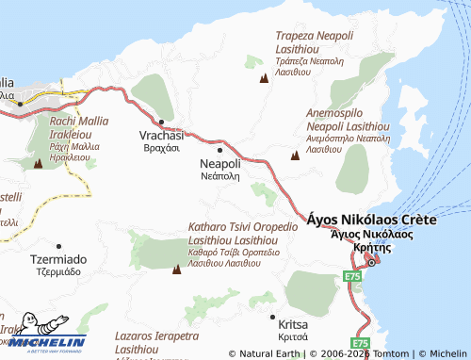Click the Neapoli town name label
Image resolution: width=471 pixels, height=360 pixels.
click(x=220, y=164)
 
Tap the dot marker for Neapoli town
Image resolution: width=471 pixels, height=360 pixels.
click(x=220, y=149)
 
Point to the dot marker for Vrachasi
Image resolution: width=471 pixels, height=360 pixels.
click(x=161, y=122)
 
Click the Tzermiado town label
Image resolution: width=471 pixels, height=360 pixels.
click(x=58, y=259)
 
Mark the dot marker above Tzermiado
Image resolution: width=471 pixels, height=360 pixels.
click(x=58, y=246)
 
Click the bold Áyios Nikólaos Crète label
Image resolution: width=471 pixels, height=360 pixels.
click(x=372, y=218)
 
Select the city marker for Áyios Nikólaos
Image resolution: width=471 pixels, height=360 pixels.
click(x=371, y=261)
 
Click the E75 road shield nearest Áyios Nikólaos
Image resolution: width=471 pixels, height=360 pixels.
click(x=351, y=276)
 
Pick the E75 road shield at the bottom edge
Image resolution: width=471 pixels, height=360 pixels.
click(x=360, y=344)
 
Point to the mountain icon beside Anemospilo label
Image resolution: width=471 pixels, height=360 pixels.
click(x=295, y=155)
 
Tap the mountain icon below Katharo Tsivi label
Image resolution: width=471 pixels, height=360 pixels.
click(x=176, y=270)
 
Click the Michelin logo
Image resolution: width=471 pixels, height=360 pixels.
click(x=44, y=341)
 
